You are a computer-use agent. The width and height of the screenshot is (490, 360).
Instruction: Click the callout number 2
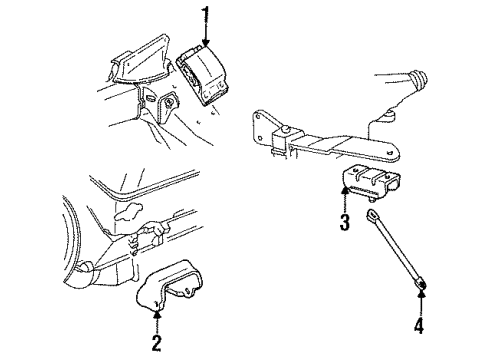157,344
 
